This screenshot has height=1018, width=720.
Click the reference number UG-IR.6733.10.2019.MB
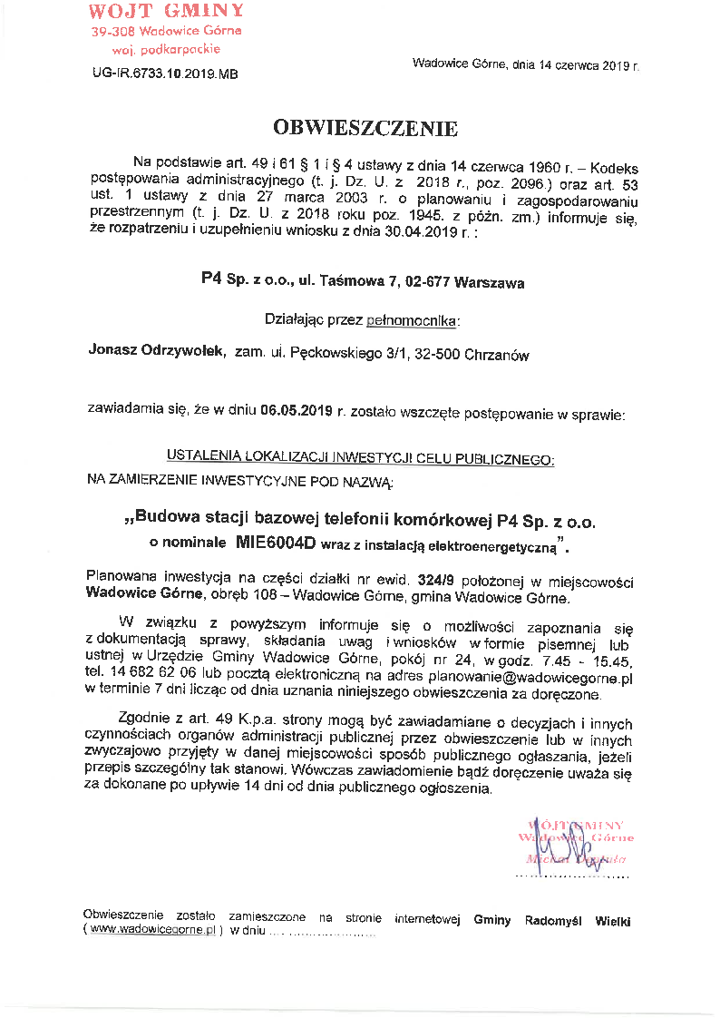[165, 75]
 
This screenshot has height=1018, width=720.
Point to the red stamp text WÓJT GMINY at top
[166, 11]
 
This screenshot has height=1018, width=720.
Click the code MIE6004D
[276, 544]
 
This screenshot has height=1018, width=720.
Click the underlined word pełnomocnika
[413, 320]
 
